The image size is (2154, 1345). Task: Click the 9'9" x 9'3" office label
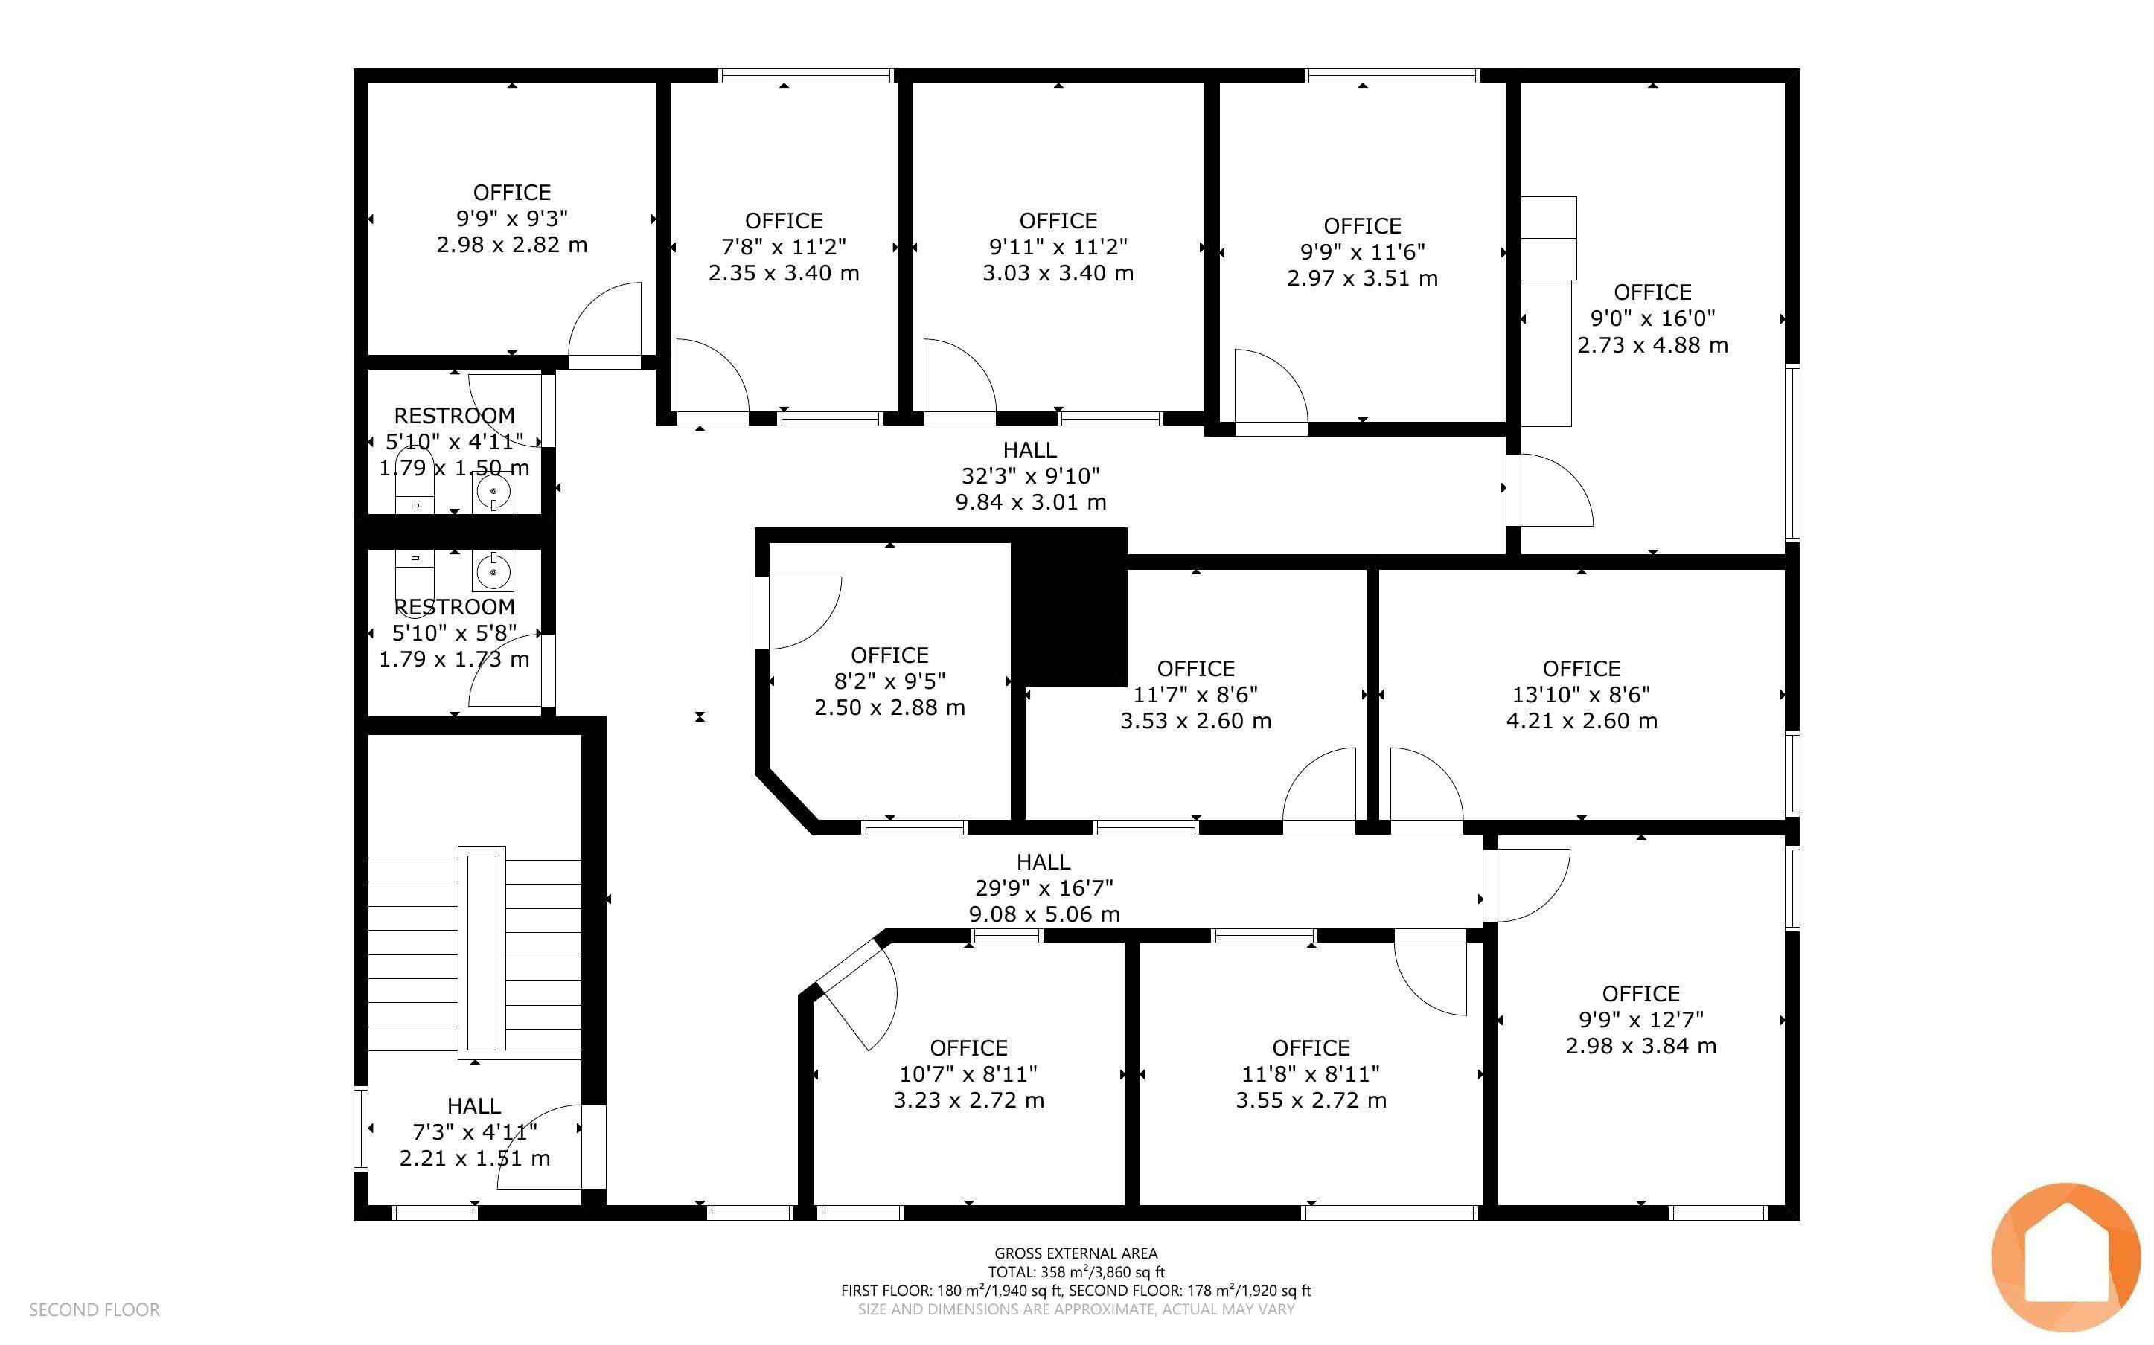(511, 218)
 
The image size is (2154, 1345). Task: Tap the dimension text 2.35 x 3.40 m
(783, 273)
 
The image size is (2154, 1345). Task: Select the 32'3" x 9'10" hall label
(1030, 476)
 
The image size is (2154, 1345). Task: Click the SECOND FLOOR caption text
(95, 1309)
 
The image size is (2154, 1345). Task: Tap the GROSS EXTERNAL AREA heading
(1076, 1253)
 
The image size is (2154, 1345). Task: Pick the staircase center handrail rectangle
(482, 951)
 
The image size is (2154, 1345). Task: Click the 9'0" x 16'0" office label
(1652, 318)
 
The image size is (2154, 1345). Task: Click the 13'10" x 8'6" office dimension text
(1581, 695)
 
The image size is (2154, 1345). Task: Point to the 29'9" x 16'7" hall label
(1043, 887)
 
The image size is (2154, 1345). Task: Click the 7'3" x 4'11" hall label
(474, 1131)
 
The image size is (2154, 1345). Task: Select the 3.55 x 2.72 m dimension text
(1311, 1100)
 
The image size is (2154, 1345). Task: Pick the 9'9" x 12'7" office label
(1640, 1019)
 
